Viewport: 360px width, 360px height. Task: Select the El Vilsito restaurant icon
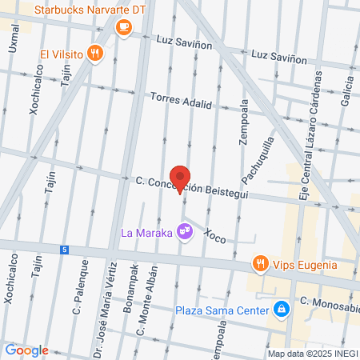95,54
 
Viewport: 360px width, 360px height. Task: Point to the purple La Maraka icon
185,233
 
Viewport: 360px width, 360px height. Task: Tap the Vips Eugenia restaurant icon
259,264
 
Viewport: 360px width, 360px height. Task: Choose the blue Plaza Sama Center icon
281,309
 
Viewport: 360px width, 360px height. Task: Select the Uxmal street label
15,38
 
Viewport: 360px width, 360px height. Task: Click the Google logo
26,350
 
